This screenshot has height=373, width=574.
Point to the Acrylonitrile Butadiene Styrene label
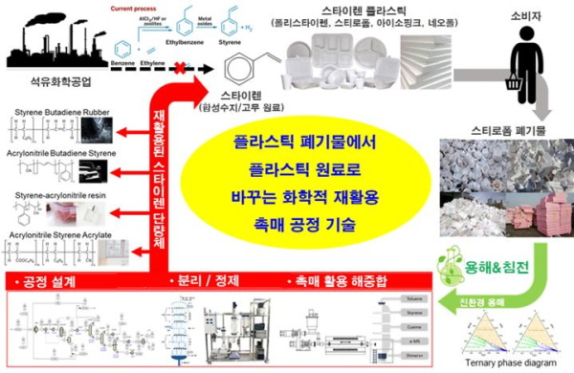pyautogui.click(x=60, y=154)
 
